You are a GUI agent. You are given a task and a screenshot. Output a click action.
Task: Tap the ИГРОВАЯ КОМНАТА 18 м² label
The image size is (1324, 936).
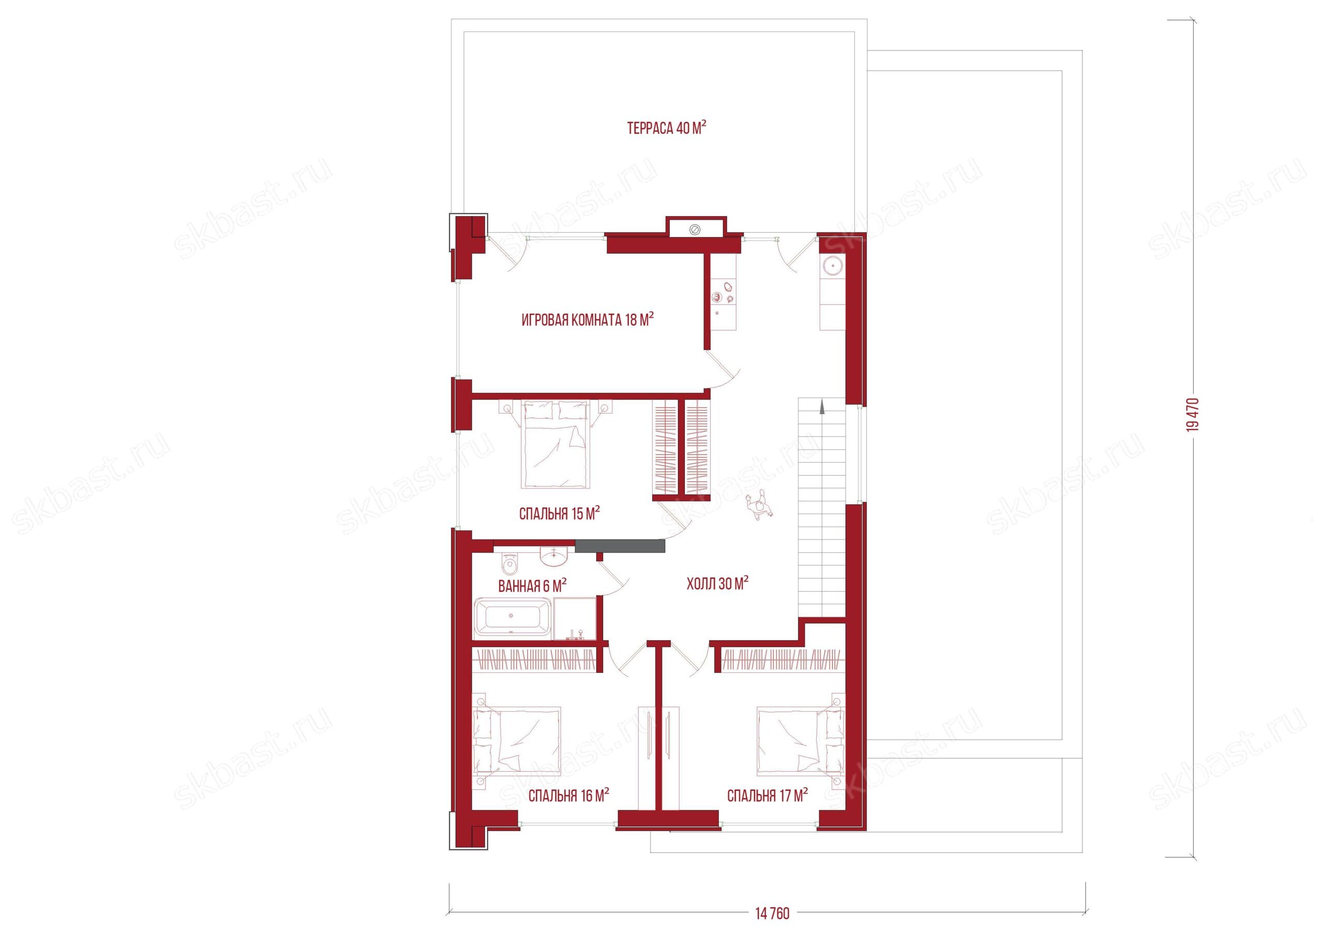coord(588,319)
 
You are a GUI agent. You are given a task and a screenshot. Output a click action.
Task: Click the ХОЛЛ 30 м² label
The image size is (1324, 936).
coord(717,584)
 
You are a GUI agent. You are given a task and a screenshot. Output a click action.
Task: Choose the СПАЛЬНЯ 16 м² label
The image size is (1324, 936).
coord(568,796)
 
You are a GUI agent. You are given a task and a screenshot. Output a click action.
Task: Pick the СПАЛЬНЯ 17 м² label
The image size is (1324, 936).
coord(767,796)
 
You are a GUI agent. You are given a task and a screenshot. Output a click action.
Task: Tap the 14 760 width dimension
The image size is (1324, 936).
coord(772,913)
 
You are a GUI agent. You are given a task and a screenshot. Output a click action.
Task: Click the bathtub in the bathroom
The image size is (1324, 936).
coord(513,618)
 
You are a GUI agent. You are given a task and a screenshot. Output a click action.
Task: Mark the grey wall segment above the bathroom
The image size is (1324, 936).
coord(620,546)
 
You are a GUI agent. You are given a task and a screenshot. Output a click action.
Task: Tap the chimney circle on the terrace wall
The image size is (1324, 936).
coord(695,229)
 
